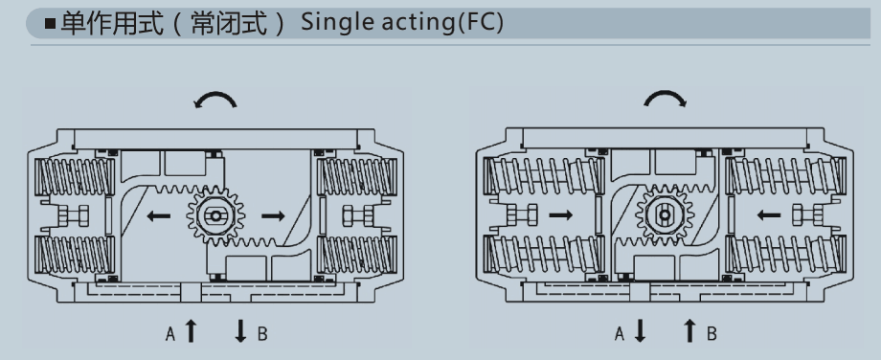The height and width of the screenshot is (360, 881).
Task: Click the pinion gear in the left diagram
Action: [x=215, y=215]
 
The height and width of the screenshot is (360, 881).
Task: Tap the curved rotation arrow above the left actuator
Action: [x=215, y=99]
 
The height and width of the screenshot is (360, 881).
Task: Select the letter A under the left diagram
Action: [x=170, y=334]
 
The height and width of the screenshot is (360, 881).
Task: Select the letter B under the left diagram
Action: [x=261, y=334]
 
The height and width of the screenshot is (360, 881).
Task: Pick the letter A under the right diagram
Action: [x=620, y=334]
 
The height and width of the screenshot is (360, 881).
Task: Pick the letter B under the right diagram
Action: [x=712, y=334]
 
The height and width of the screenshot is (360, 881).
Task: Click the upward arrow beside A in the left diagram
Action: [x=191, y=330]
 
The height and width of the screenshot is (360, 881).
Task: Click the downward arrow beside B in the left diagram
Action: [x=241, y=330]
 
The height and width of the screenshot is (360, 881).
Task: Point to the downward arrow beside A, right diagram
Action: [x=640, y=330]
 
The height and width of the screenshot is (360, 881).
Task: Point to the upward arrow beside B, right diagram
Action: [x=690, y=330]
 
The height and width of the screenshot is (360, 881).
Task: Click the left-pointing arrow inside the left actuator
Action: [x=158, y=215]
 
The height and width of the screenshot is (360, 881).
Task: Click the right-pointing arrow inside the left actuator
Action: [x=273, y=215]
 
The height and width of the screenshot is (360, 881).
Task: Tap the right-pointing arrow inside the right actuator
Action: [x=561, y=214]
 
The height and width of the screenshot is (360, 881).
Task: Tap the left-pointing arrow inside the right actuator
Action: [x=769, y=214]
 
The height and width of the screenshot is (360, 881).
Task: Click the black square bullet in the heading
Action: [x=51, y=24]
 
